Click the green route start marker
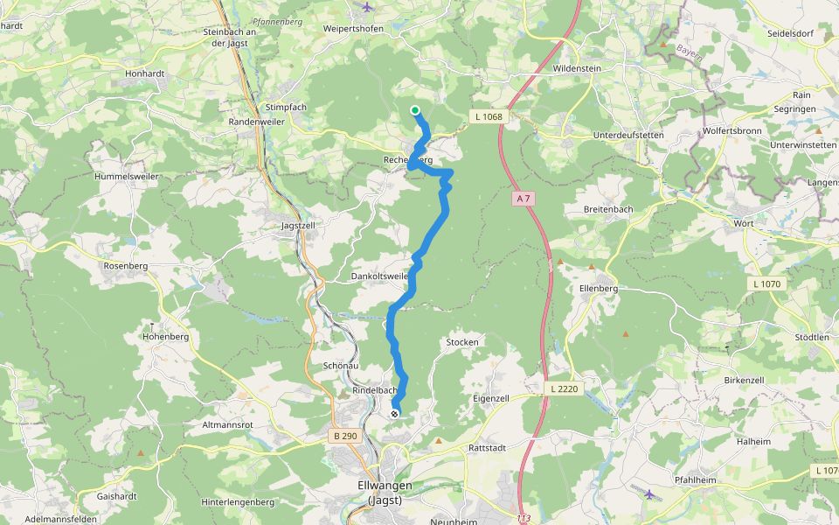point(415,110)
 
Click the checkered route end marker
point(395,413)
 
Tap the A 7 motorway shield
point(524,199)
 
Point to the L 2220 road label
point(564,388)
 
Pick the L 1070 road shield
point(766,284)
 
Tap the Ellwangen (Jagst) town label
point(385,493)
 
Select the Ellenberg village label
point(598,288)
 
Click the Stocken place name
point(462,342)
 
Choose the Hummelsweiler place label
point(126,176)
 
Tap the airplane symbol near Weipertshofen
point(366,8)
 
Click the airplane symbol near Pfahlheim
point(648,494)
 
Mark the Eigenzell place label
point(490,398)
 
